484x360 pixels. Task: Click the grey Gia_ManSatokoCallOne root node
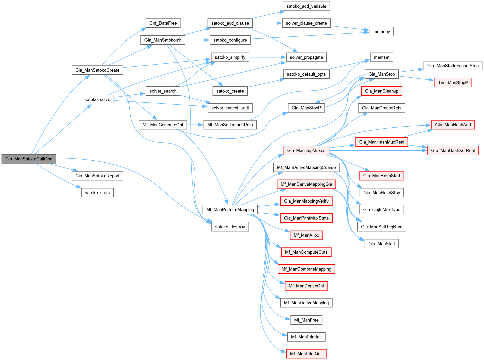pyautogui.click(x=29, y=159)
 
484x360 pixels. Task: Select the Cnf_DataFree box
pyautogui.click(x=163, y=23)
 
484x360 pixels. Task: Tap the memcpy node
pyautogui.click(x=382, y=32)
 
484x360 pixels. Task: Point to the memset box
pyautogui.click(x=382, y=57)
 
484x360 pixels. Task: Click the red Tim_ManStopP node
pyautogui.click(x=453, y=82)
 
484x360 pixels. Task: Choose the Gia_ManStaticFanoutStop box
pyautogui.click(x=453, y=66)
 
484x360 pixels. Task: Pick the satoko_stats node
pyautogui.click(x=97, y=193)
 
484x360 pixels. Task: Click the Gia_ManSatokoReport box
pyautogui.click(x=97, y=176)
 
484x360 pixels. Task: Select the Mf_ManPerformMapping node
pyautogui.click(x=230, y=210)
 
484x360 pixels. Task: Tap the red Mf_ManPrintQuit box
pyautogui.click(x=306, y=354)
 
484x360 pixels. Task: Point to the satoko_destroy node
pyautogui.click(x=230, y=227)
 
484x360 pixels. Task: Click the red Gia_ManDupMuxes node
pyautogui.click(x=306, y=150)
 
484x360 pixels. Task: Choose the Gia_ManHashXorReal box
pyautogui.click(x=453, y=150)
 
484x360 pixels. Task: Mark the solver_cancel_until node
pyautogui.click(x=230, y=108)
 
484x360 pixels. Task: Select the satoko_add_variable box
pyautogui.click(x=306, y=6)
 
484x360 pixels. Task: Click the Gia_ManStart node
pyautogui.click(x=382, y=244)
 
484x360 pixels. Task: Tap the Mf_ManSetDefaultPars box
pyautogui.click(x=230, y=125)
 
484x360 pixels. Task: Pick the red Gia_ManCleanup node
pyautogui.click(x=382, y=91)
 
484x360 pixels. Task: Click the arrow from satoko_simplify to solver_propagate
pyautogui.click(x=267, y=57)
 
